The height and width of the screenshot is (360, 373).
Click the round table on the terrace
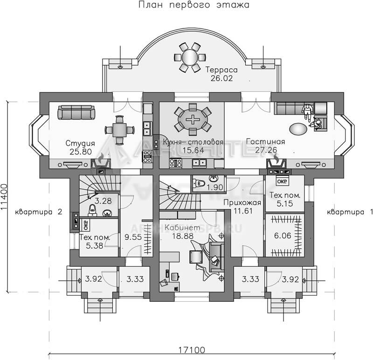190,57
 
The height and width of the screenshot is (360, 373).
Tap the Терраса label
221,70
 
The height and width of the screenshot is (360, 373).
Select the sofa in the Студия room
76,112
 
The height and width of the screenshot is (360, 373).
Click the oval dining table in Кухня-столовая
193,120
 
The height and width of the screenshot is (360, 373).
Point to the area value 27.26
266,150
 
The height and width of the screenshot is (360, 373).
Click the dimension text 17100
192,350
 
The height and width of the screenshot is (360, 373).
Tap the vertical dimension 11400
4,197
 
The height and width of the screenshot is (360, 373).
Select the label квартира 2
39,212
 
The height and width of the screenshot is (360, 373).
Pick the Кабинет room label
182,228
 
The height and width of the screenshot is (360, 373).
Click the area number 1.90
215,187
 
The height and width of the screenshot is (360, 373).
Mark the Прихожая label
242,202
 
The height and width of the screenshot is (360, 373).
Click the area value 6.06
283,235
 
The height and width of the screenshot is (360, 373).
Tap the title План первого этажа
194,5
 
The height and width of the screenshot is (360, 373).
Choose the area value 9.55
133,237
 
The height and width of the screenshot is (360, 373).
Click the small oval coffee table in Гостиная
298,129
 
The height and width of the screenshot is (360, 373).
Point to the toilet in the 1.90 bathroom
200,183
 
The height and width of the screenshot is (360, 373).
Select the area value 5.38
95,246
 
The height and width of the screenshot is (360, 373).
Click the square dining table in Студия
119,130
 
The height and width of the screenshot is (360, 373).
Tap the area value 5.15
285,204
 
